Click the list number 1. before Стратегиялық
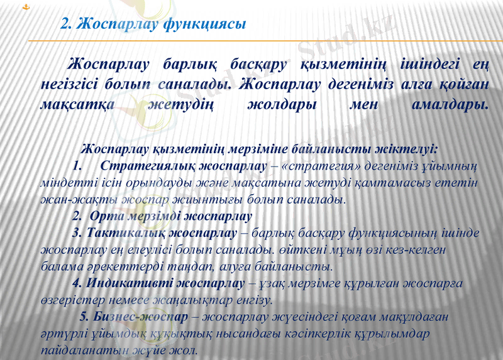[78, 166]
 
